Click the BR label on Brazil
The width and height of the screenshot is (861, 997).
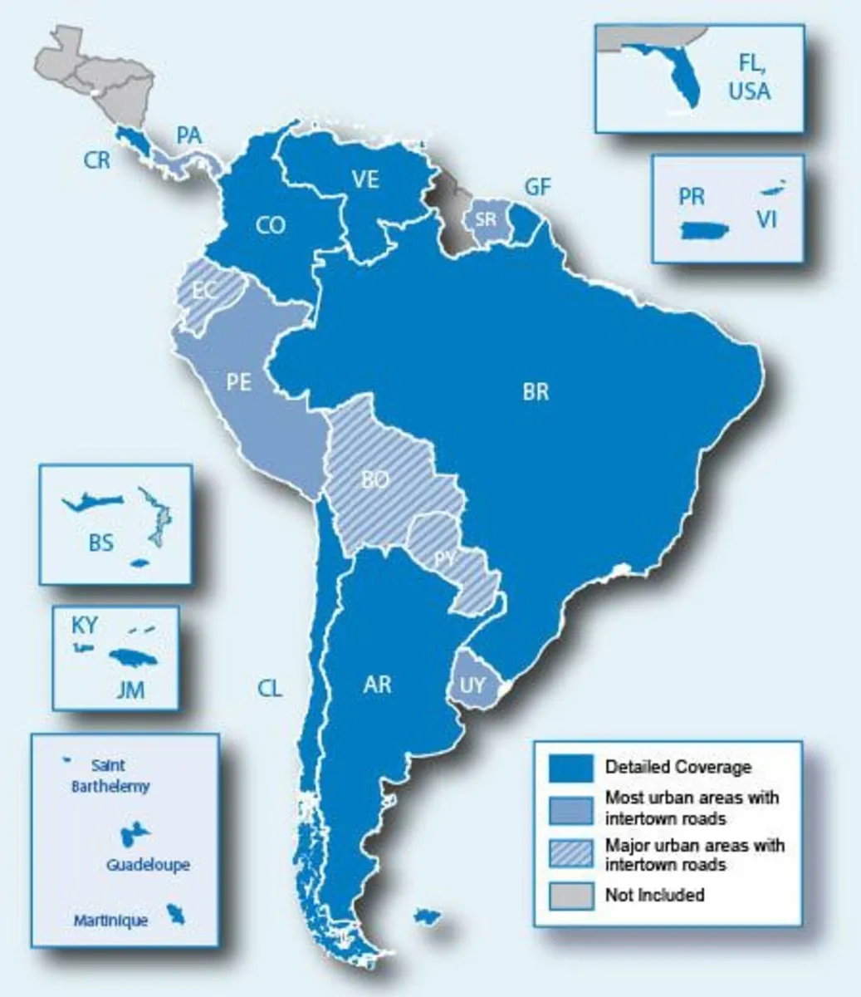536,391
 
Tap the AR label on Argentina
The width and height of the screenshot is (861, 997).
377,685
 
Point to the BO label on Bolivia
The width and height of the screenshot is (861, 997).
376,479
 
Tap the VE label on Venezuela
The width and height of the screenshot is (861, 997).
365,179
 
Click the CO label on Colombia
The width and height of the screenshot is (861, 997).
271,225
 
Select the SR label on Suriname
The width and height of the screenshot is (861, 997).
485,220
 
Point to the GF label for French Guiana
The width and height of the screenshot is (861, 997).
537,187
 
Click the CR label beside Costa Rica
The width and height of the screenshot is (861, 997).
97,160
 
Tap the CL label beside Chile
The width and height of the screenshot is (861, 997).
270,688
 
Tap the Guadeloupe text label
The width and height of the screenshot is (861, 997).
148,865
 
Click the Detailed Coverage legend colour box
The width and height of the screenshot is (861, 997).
572,768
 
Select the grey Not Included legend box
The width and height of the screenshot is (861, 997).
572,895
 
